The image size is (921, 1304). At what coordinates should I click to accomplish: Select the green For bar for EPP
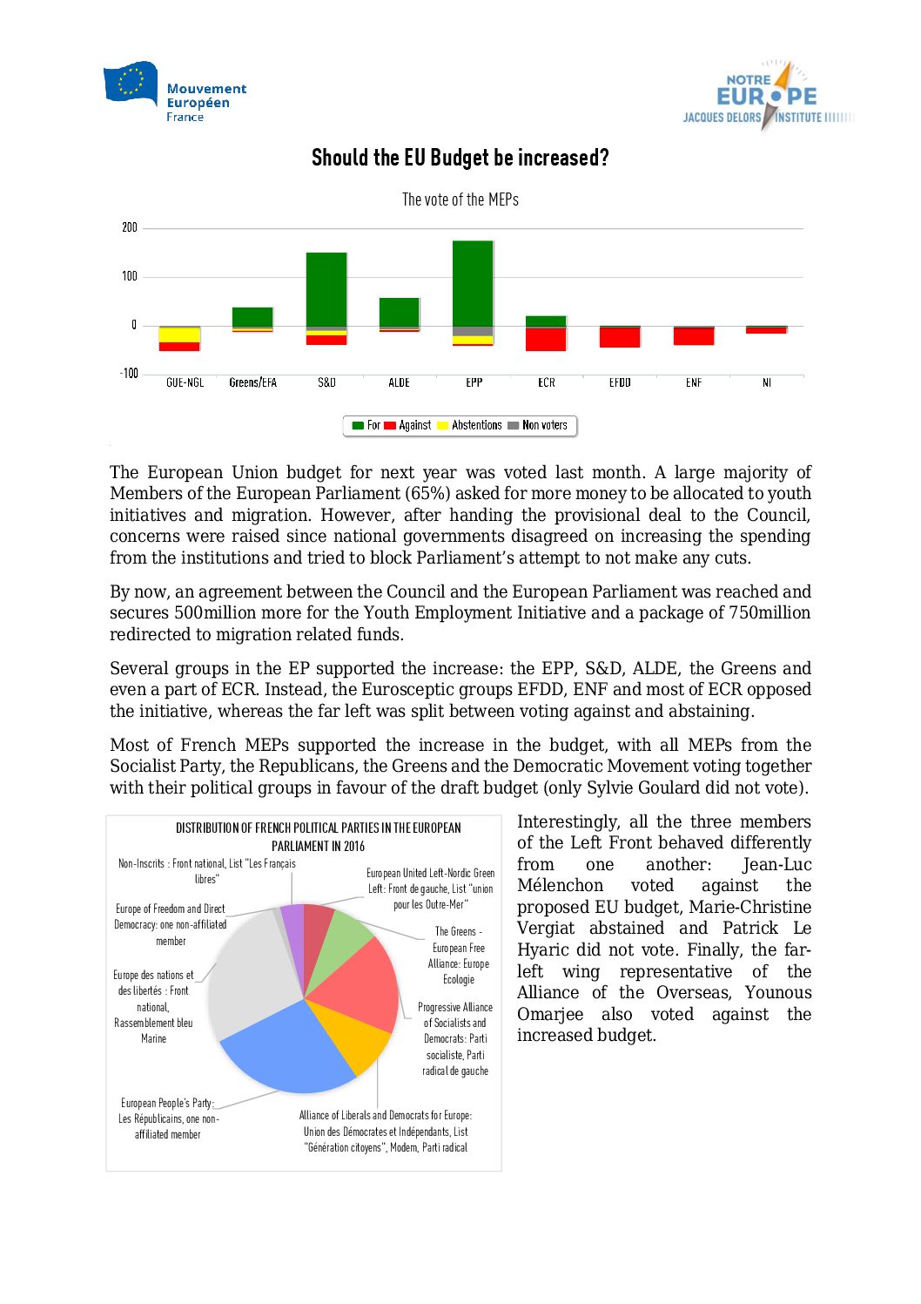pyautogui.click(x=473, y=283)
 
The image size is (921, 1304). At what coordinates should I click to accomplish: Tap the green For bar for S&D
pyautogui.click(x=326, y=289)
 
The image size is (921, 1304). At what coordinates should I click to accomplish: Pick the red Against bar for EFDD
pyautogui.click(x=620, y=337)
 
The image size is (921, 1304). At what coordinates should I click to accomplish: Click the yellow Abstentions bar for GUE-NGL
pyautogui.click(x=179, y=334)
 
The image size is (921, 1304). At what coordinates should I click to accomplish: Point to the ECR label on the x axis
pyautogui.click(x=546, y=382)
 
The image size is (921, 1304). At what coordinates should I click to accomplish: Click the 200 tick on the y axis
pyautogui.click(x=130, y=227)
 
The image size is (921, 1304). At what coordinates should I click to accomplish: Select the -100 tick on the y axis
pyautogui.click(x=129, y=374)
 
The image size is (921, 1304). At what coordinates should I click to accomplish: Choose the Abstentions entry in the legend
pyautogui.click(x=470, y=425)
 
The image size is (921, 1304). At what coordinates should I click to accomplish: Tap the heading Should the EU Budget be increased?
pyautogui.click(x=460, y=158)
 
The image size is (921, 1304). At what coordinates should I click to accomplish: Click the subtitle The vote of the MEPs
pyautogui.click(x=460, y=199)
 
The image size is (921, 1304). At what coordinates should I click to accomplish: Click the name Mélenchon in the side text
pyautogui.click(x=560, y=886)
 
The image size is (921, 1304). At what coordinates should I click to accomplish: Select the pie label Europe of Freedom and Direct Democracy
pyautogui.click(x=171, y=924)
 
